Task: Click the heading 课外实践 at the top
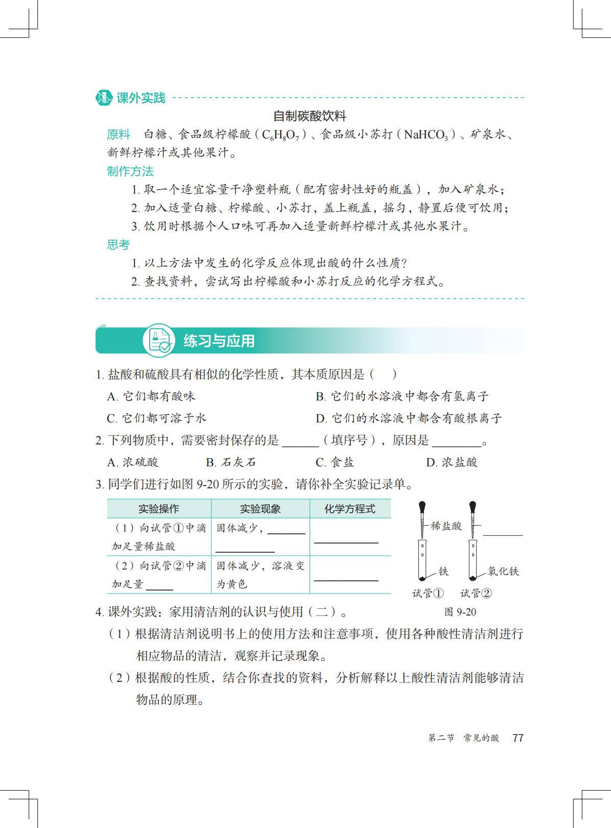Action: click(140, 98)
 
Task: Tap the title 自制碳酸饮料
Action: click(310, 116)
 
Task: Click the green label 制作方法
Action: click(130, 171)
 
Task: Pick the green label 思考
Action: click(119, 245)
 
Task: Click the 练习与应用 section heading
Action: click(219, 341)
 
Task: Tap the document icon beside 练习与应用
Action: click(158, 340)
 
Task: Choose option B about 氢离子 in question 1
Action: click(402, 396)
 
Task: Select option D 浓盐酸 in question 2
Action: click(452, 462)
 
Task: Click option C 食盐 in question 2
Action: click(335, 462)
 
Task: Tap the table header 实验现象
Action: click(260, 509)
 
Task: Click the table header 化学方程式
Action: click(350, 509)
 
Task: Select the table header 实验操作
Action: click(159, 509)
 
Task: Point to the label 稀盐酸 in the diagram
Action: click(446, 526)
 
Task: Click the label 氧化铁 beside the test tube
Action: click(503, 571)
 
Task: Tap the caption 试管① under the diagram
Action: click(428, 593)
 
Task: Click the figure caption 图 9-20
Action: click(460, 612)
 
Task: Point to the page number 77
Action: click(518, 738)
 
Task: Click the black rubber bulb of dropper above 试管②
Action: click(473, 507)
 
